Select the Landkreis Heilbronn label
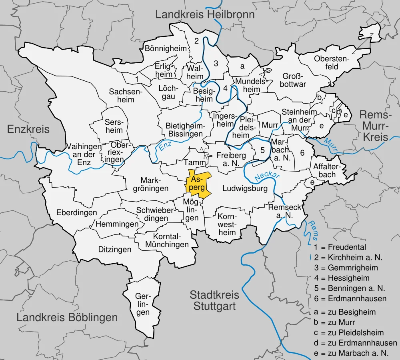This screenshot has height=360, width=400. pos(205,15)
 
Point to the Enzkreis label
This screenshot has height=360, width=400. pos(28,129)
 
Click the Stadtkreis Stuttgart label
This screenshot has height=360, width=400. pos(214,301)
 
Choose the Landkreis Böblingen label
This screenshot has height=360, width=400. pos(67,318)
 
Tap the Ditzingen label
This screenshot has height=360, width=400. pos(115,250)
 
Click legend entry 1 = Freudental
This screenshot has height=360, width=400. pos(340,247)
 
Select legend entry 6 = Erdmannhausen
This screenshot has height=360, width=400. pos(350,298)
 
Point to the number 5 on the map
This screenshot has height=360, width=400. pos(262,150)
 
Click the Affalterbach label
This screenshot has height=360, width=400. pos(324,170)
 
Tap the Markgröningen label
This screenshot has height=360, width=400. pos(154,184)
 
